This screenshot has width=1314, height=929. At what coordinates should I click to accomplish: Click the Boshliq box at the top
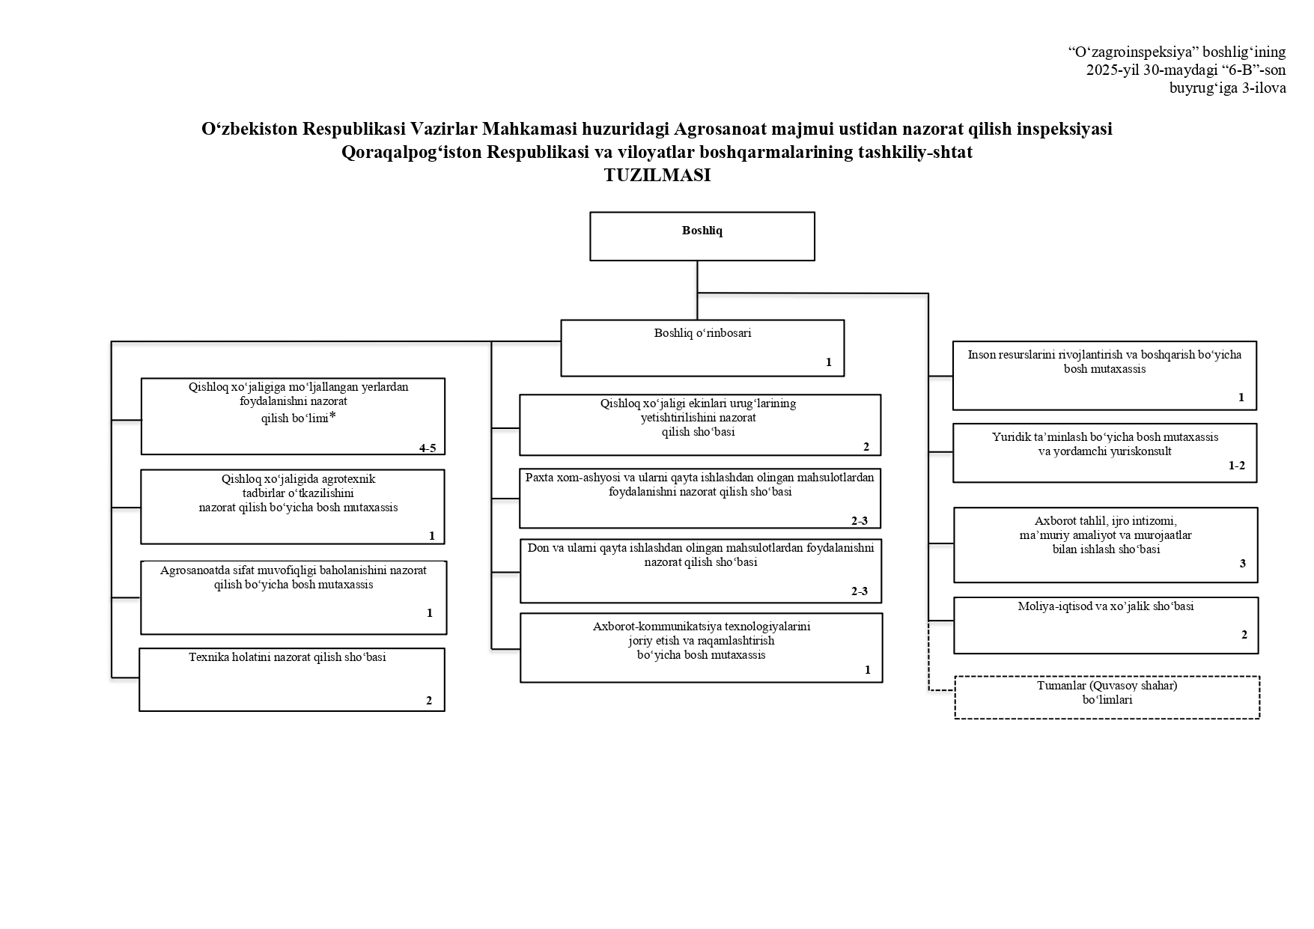coord(702,237)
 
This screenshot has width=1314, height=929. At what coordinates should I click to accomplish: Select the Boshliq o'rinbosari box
coord(702,348)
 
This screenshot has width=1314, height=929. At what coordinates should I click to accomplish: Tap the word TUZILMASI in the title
coord(657,176)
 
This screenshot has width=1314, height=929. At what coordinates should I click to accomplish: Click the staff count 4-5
coord(428,448)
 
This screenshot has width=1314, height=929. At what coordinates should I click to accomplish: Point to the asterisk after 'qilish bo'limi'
coord(332,417)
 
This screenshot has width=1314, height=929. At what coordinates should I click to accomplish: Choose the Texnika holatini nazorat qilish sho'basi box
coord(292,680)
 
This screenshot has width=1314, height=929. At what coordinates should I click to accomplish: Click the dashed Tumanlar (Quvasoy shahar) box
coord(1107,698)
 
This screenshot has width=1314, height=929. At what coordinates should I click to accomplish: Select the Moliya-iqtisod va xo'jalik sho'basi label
coord(1106,606)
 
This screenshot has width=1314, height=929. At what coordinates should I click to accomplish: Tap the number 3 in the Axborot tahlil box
coord(1243,564)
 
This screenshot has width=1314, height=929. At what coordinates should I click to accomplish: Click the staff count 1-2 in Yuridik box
coord(1237,466)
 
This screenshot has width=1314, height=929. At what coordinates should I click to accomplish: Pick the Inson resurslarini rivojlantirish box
coord(1104,376)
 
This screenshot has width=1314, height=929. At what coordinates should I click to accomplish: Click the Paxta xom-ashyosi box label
coord(700,485)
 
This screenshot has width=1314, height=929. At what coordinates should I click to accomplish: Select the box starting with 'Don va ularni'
coord(701,570)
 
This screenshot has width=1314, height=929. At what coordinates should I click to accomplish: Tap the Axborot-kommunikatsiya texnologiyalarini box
coord(702,648)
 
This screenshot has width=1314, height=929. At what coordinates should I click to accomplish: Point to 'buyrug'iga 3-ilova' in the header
coord(1228,88)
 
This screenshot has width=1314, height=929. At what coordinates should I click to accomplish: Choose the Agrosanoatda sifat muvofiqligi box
coord(293,598)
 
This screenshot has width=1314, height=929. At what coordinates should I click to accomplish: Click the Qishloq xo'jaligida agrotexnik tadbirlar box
coord(293,507)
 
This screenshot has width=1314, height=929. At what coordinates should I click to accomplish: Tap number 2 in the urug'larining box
coord(866,447)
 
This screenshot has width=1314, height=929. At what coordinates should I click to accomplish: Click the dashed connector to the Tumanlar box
coord(929,656)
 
